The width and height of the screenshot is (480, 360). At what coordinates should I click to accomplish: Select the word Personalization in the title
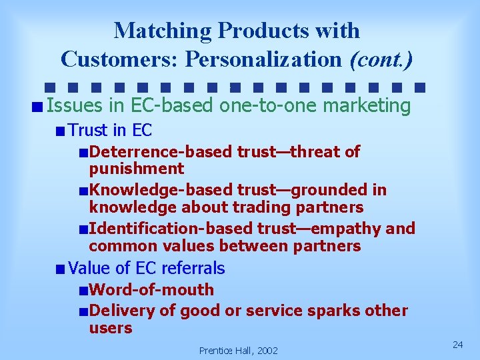[x=265, y=59]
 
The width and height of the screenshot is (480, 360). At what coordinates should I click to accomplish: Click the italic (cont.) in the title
[x=381, y=59]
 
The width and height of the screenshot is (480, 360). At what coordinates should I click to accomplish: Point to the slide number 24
[x=457, y=344]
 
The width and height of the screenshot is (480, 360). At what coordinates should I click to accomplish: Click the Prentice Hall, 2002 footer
[x=238, y=350]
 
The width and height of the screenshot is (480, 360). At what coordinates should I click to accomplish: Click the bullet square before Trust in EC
[x=61, y=131]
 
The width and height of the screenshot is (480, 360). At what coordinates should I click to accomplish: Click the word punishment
[x=136, y=169]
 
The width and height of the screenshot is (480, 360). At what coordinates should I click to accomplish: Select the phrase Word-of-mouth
[x=151, y=289]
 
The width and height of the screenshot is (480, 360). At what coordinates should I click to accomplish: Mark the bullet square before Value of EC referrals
[x=61, y=269]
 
